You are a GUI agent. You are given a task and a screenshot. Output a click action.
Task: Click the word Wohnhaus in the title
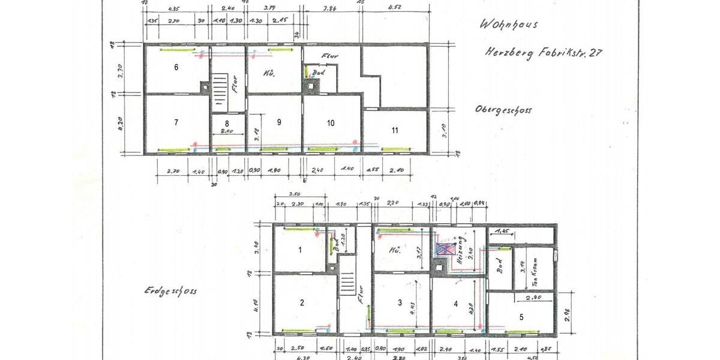[x=508, y=25]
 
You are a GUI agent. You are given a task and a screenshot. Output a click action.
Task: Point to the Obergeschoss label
[x=503, y=110]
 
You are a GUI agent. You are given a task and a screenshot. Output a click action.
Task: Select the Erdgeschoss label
[x=170, y=291]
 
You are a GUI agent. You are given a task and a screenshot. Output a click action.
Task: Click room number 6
[x=176, y=67]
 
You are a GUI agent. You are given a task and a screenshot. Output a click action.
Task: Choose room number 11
[x=395, y=130]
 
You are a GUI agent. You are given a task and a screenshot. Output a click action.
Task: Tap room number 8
[x=227, y=124]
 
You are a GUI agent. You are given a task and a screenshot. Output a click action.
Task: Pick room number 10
[x=331, y=122]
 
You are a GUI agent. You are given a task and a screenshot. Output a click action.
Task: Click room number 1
[x=300, y=250]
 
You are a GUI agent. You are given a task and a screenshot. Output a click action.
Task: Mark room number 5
[x=521, y=316]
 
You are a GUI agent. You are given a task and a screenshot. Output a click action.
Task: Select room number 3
[x=400, y=304]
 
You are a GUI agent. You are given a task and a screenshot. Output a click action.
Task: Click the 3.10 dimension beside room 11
[x=444, y=128]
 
